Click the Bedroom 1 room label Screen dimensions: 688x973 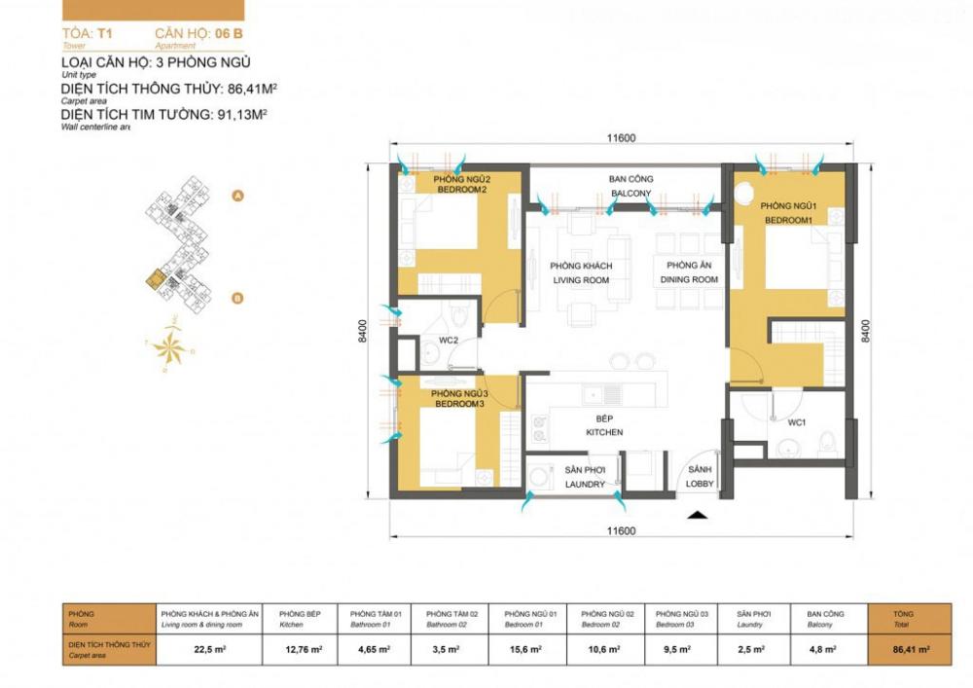[787, 213]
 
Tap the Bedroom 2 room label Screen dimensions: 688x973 [461, 185]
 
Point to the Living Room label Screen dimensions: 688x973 [580, 273]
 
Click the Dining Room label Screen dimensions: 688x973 [692, 273]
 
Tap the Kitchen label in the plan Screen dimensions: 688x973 [604, 426]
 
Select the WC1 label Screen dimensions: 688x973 [797, 422]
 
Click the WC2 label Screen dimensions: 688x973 [448, 341]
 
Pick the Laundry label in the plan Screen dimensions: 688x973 [585, 478]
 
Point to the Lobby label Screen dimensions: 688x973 [699, 478]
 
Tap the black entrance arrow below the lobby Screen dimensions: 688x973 [695, 516]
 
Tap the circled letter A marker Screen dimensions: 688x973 [236, 196]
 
